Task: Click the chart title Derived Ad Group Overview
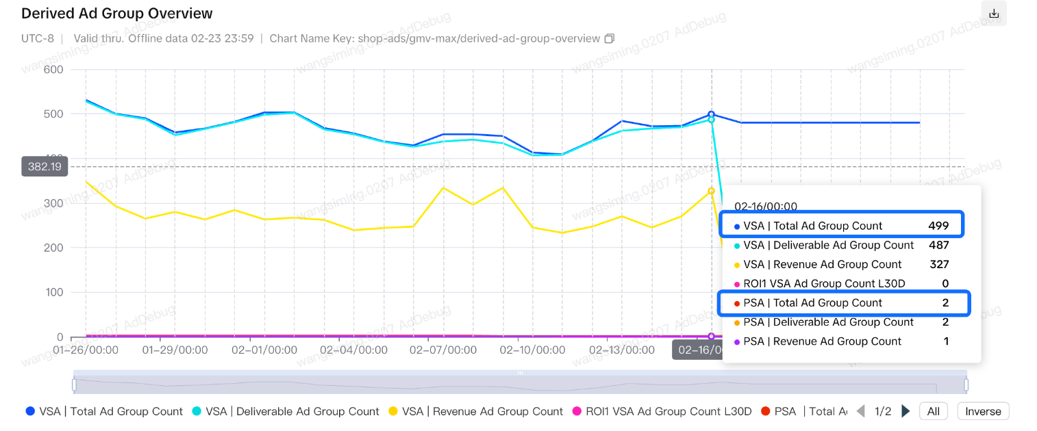[117, 14]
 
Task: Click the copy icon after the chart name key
[609, 38]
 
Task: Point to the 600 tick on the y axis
[53, 70]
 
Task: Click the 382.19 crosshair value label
[45, 166]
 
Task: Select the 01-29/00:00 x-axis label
[175, 350]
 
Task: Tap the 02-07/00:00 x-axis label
[443, 350]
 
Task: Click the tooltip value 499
[938, 226]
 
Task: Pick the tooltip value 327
[938, 264]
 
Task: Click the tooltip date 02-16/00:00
[766, 205]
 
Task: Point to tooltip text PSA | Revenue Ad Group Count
[823, 341]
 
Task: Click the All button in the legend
[933, 411]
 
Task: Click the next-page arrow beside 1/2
[905, 411]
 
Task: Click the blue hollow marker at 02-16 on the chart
[712, 114]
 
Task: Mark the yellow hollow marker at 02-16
[712, 191]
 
